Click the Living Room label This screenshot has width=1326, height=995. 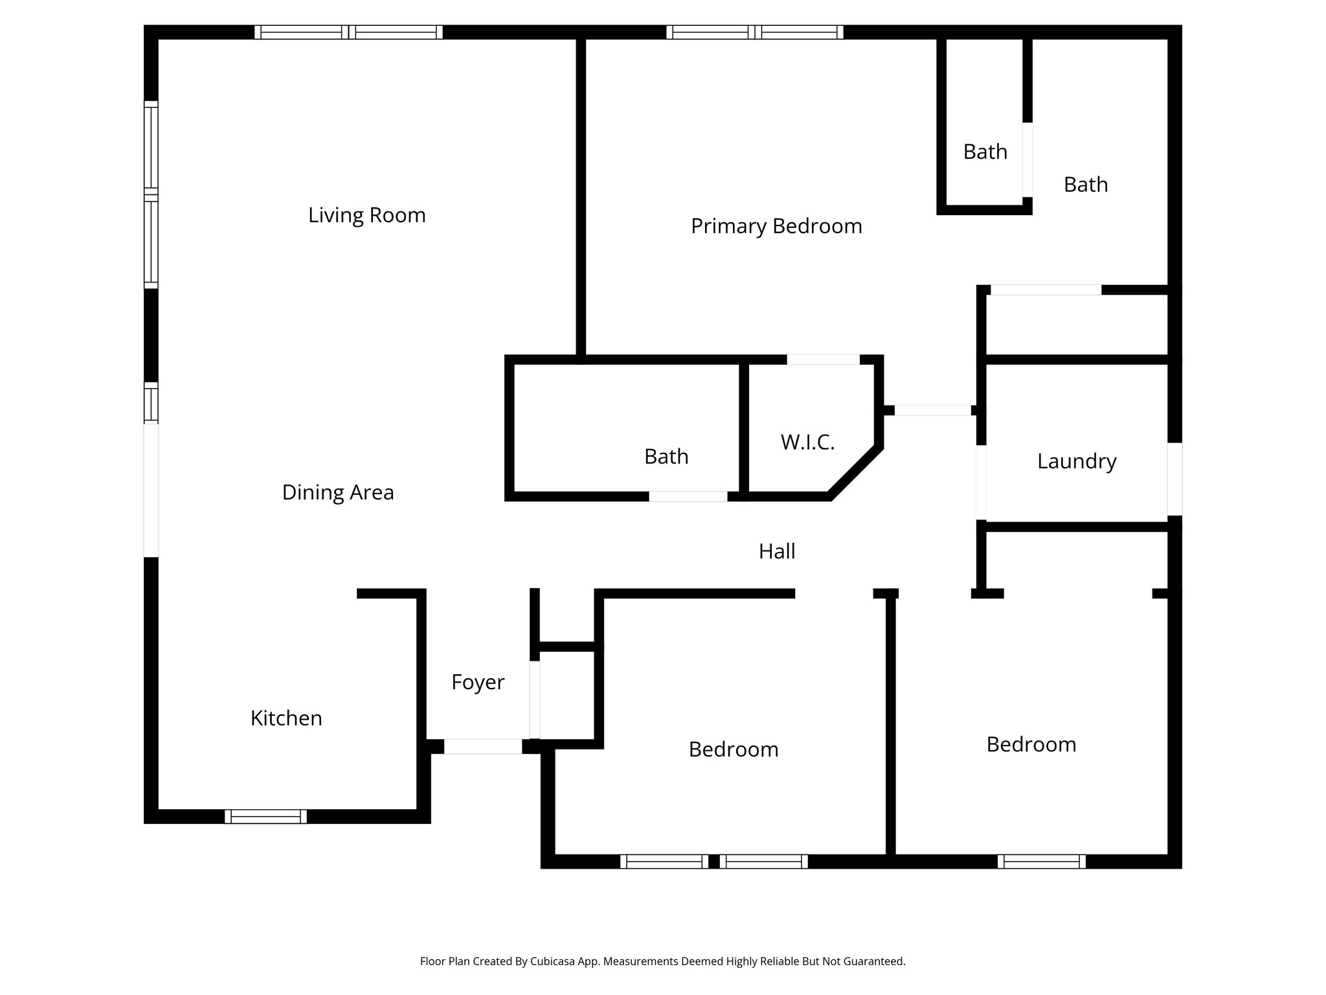coord(366,215)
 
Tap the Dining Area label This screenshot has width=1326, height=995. coord(337,492)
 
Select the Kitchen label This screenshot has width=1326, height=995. coord(286,718)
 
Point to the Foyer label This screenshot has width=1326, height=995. coord(478,682)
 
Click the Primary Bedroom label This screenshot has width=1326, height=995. coord(776,226)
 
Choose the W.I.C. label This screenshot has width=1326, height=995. coord(807,442)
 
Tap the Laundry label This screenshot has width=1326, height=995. coord(1077,461)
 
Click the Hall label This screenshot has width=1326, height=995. coord(777,551)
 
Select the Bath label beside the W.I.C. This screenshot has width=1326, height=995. coord(666,457)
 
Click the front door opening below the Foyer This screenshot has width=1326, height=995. coord(482,746)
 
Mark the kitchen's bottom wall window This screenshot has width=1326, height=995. coord(265,816)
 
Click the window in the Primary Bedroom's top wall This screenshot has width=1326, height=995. coord(755,32)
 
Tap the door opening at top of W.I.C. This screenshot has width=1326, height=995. coord(823,360)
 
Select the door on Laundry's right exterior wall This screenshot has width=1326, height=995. coord(1174,479)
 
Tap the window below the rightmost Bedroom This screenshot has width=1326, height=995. coord(1041,861)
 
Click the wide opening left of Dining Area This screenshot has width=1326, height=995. coord(150,489)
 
